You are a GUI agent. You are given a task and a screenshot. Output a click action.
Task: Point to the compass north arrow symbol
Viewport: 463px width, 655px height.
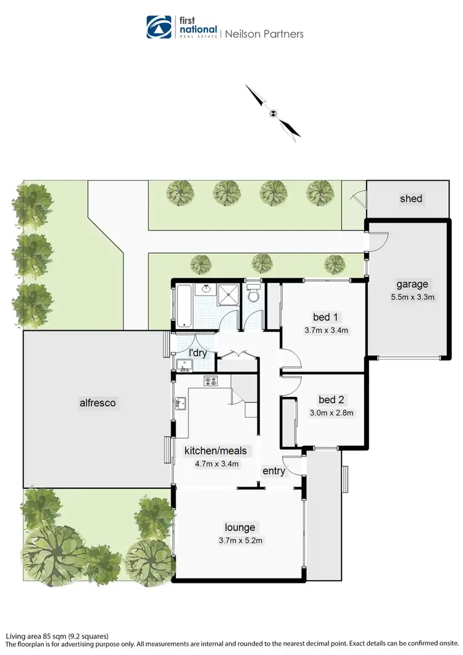273,112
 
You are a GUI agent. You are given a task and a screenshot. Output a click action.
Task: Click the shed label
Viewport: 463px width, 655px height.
411,198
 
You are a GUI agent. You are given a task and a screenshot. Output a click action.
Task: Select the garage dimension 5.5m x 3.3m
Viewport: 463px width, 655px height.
412,296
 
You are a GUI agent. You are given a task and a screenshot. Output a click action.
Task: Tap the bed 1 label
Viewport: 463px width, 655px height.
325,317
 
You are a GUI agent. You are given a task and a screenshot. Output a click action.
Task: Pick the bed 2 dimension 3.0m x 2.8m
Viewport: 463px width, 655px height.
331,412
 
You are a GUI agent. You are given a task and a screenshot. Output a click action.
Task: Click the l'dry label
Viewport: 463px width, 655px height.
198,353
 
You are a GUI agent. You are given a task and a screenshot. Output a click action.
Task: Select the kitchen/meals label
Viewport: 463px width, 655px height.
215,451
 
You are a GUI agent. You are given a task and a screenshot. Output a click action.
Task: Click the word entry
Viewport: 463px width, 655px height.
274,471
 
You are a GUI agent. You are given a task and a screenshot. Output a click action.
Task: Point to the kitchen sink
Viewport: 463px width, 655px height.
180,404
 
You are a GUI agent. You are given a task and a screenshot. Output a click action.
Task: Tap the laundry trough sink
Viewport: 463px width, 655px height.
183,364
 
